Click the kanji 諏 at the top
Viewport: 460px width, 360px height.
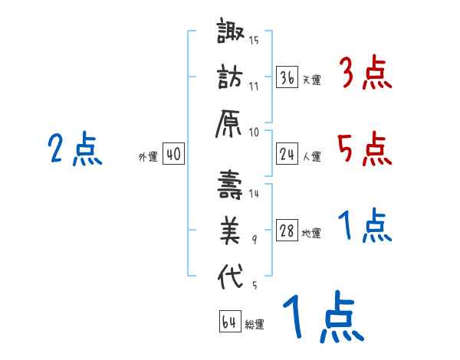coord(231,34)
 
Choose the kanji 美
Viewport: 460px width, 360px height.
coord(231,231)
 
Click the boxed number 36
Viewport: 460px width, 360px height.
coord(287,77)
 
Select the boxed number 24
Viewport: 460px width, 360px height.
coord(287,154)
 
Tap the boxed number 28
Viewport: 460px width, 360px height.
coord(287,231)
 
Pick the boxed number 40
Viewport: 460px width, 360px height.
coord(173,154)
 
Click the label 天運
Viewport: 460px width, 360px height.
coord(311,80)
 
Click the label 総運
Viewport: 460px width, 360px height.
coord(255,325)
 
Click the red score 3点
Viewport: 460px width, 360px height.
coord(365,74)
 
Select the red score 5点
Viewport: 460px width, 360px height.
coord(365,148)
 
